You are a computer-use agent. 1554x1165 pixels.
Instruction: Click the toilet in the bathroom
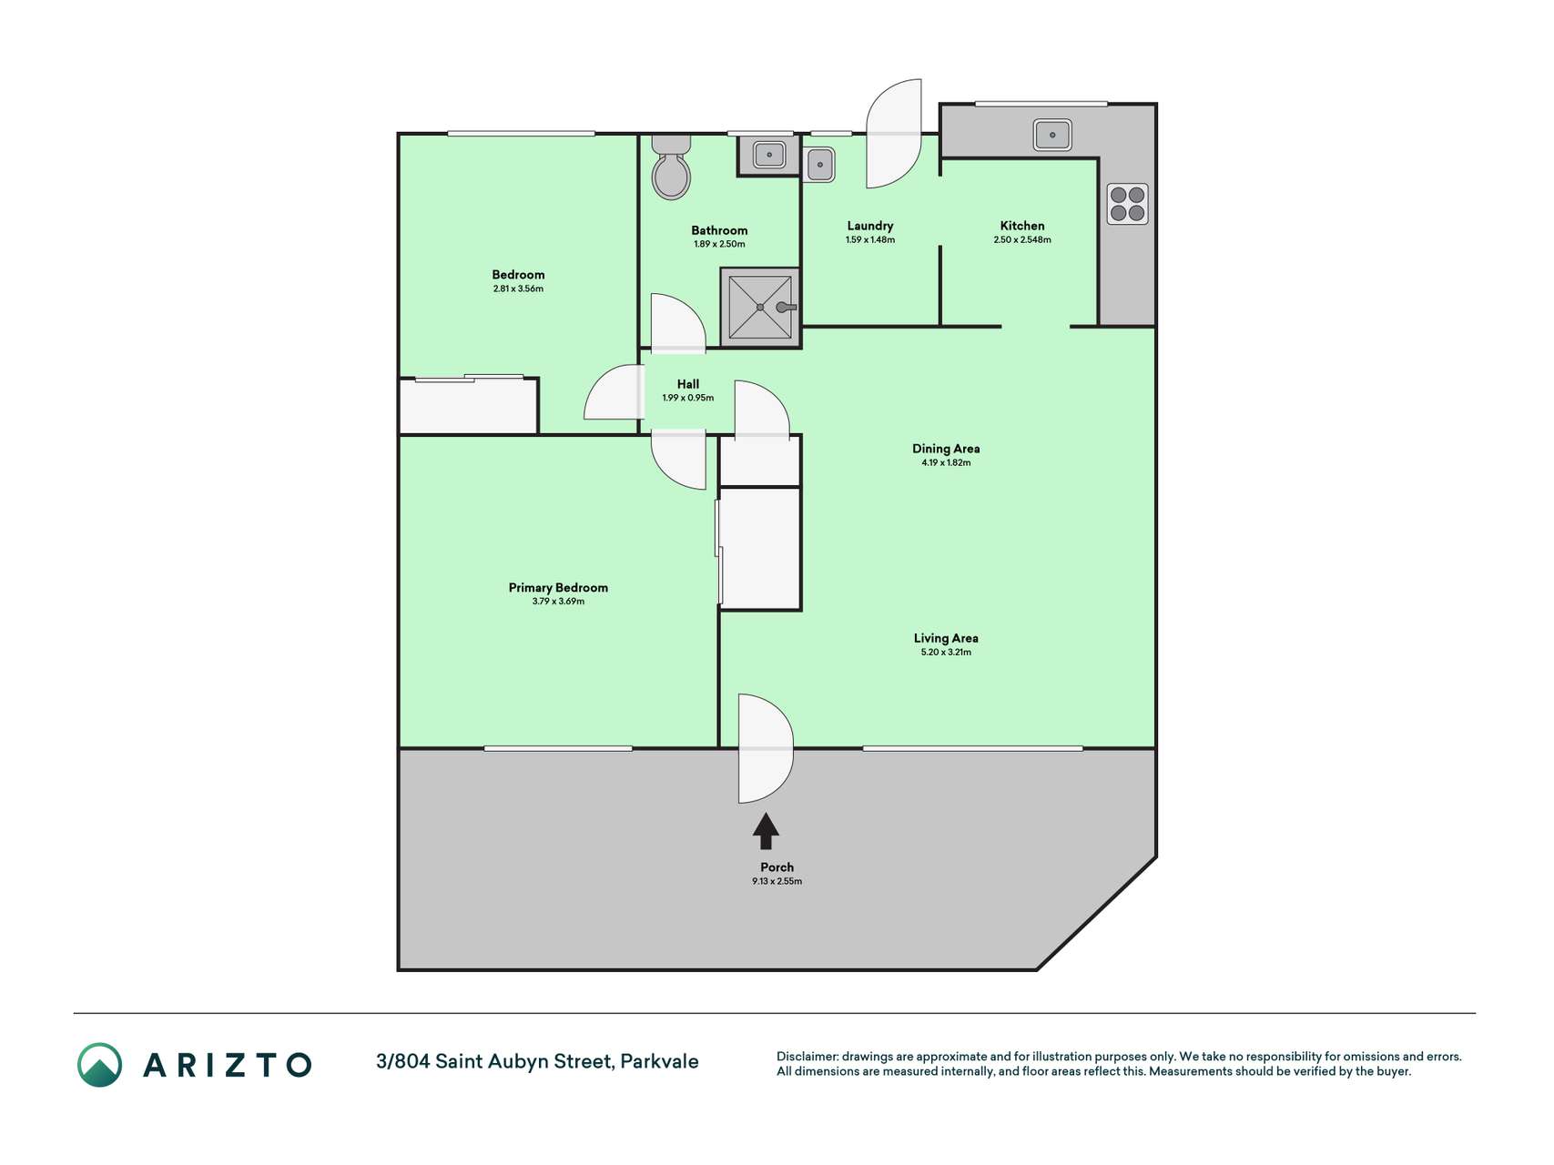pyautogui.click(x=672, y=167)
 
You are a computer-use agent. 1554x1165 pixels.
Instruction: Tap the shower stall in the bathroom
pyautogui.click(x=760, y=308)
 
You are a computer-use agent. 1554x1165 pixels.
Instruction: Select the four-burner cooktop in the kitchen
pyautogui.click(x=1127, y=204)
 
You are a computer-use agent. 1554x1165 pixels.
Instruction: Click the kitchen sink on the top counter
pyautogui.click(x=1052, y=135)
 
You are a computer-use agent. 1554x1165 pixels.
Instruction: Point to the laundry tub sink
pyautogui.click(x=820, y=165)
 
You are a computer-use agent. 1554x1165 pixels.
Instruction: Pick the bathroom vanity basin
pyautogui.click(x=769, y=155)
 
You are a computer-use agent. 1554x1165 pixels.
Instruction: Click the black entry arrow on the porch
pyautogui.click(x=766, y=831)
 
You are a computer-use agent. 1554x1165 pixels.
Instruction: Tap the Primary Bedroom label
pyautogui.click(x=558, y=588)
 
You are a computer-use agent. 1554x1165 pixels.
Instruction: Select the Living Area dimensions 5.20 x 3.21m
pyautogui.click(x=946, y=653)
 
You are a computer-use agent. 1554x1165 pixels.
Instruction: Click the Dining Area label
pyautogui.click(x=946, y=449)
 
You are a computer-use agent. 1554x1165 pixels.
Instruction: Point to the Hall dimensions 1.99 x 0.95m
pyautogui.click(x=688, y=399)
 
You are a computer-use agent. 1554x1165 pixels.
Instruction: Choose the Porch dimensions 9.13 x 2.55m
pyautogui.click(x=777, y=881)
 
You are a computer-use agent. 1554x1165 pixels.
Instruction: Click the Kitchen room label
pyautogui.click(x=1022, y=226)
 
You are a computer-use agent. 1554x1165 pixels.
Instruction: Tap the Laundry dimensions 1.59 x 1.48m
pyautogui.click(x=870, y=240)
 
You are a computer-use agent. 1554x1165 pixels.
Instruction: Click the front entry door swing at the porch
pyautogui.click(x=766, y=749)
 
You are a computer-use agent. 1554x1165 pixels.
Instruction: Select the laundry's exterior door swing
pyautogui.click(x=894, y=134)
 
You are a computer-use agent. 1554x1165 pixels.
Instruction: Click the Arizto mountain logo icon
pyautogui.click(x=99, y=1065)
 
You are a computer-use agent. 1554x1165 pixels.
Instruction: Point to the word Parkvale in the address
pyautogui.click(x=659, y=1062)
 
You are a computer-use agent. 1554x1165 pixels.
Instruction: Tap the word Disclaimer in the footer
pyautogui.click(x=807, y=1057)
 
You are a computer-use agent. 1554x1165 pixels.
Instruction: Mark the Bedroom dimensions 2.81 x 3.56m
pyautogui.click(x=518, y=289)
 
